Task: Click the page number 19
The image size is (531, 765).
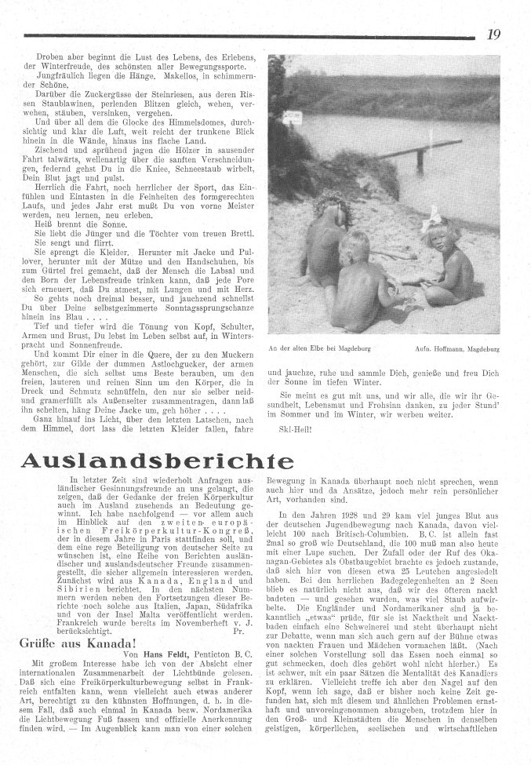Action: coord(494,34)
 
